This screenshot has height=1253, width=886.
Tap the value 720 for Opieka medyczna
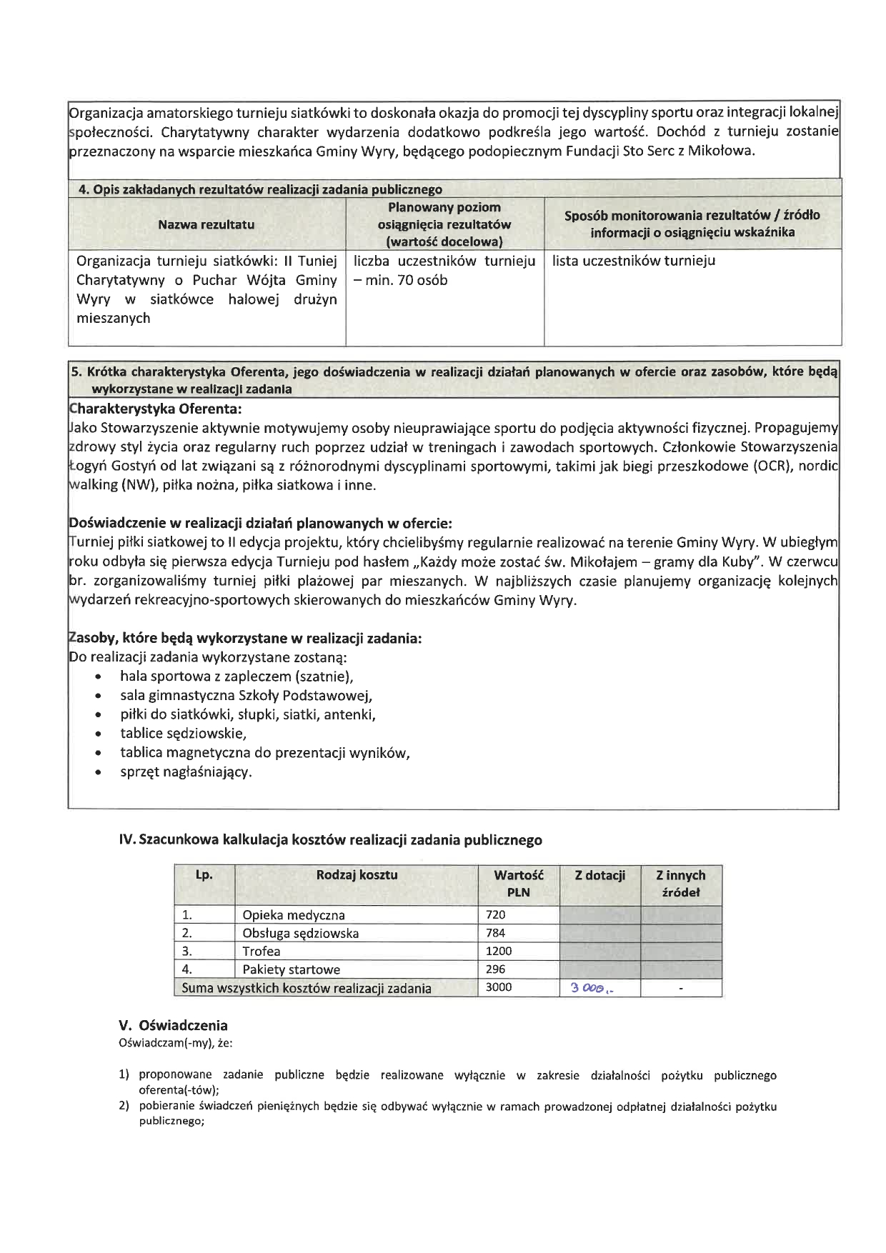pyautogui.click(x=495, y=914)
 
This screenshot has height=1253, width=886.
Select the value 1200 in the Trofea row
pyautogui.click(x=499, y=951)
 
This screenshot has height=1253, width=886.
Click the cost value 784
pyautogui.click(x=495, y=933)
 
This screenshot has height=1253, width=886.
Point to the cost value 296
pyautogui.click(x=495, y=969)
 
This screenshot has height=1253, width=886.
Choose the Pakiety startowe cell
pyautogui.click(x=292, y=969)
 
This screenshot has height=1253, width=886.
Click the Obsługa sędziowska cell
pyautogui.click(x=301, y=933)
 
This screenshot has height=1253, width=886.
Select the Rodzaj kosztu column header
pyautogui.click(x=357, y=875)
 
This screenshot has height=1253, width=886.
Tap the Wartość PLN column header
pyautogui.click(x=518, y=884)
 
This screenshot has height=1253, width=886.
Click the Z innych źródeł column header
pyautogui.click(x=681, y=884)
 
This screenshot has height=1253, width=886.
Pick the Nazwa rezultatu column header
pyautogui.click(x=206, y=224)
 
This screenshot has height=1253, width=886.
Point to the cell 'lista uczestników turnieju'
pyautogui.click(x=634, y=261)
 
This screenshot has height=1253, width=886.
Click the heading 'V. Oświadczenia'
pyautogui.click(x=173, y=1026)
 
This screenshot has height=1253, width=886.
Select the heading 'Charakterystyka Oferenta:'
pyautogui.click(x=155, y=409)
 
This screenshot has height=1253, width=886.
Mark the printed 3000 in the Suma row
pyautogui.click(x=499, y=988)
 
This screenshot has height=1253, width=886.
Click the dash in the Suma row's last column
pyautogui.click(x=681, y=989)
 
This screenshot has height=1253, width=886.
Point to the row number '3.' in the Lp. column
pyautogui.click(x=187, y=951)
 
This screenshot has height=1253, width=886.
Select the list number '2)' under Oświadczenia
pyautogui.click(x=124, y=1107)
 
